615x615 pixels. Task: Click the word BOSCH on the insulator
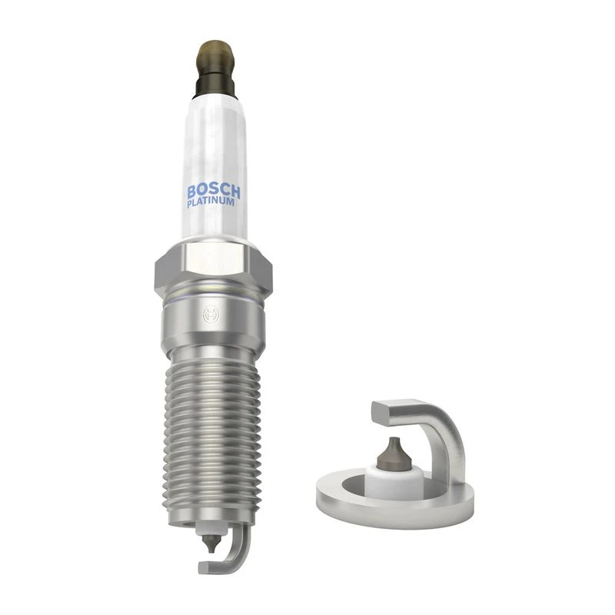point(214,191)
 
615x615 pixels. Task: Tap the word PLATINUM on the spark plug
point(211,203)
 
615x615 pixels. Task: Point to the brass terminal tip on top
point(214,53)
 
